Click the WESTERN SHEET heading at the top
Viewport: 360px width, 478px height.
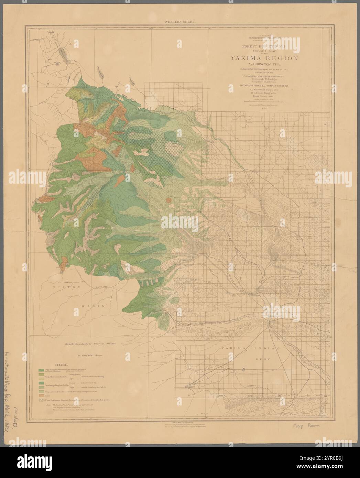pos(180,22)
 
